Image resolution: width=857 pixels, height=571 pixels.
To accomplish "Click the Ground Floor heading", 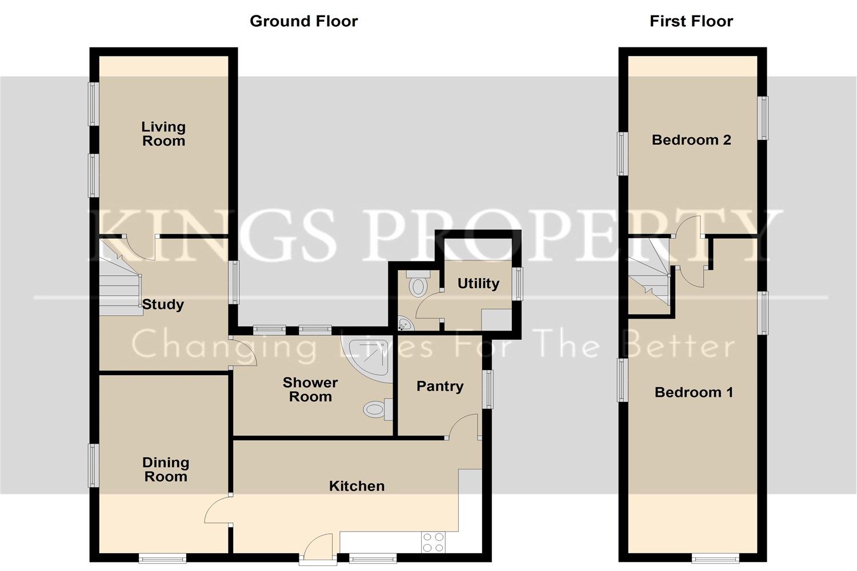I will [x=303, y=21].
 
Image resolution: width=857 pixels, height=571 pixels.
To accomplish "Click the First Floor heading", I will [x=691, y=21].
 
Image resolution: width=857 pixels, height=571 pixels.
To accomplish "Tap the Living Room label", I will [x=163, y=134].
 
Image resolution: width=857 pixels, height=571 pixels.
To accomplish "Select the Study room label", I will [x=163, y=304].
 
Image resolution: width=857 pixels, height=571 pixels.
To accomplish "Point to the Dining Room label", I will [x=165, y=469].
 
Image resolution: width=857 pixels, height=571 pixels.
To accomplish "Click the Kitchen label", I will [x=357, y=486].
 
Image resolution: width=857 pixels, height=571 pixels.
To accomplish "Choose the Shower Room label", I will [x=310, y=389].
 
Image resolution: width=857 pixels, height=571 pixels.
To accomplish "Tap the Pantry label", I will [x=439, y=386].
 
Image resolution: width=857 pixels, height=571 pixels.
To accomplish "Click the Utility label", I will [x=478, y=283].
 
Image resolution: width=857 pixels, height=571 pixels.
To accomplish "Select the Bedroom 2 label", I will [x=691, y=140].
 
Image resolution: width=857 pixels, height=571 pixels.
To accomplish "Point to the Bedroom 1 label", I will [x=694, y=392].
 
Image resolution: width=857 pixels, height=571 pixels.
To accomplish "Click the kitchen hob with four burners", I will [x=433, y=542].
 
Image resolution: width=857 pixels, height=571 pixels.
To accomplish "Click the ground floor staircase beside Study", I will [x=121, y=280].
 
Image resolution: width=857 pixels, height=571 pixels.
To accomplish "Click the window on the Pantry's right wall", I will [x=487, y=389].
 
